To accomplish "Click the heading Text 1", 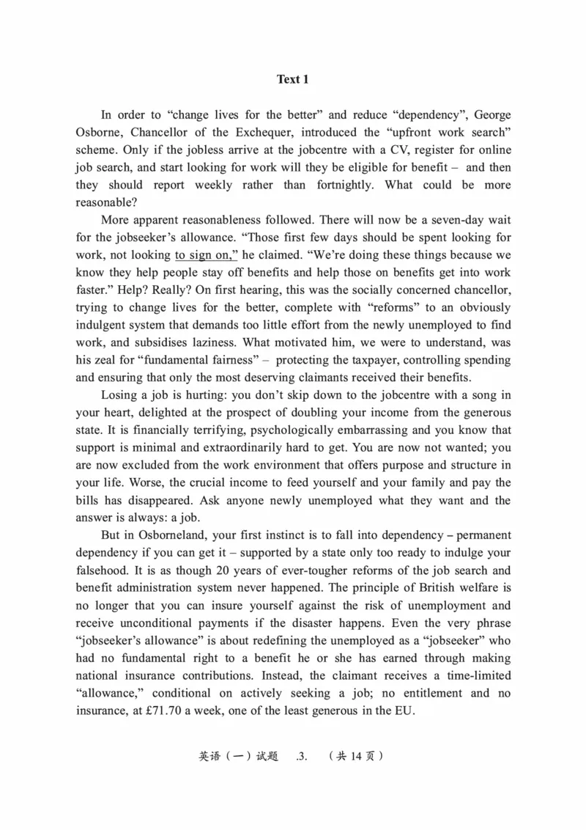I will tap(292, 79).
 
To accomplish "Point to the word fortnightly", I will tap(344, 185).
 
